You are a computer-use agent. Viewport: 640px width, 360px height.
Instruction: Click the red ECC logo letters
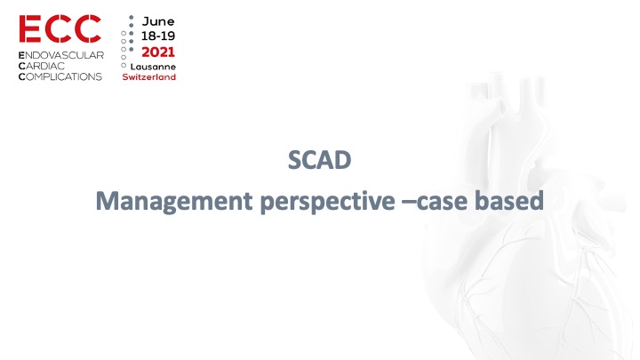point(60,28)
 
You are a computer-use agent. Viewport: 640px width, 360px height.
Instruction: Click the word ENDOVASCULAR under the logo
point(61,55)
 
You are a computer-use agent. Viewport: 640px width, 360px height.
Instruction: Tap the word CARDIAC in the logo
point(42,66)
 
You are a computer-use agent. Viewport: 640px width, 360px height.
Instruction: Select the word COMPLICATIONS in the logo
point(60,76)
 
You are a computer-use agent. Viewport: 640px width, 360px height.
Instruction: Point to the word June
point(158,21)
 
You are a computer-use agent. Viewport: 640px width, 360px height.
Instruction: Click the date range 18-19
point(158,36)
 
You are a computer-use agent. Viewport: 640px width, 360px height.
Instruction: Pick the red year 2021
point(158,52)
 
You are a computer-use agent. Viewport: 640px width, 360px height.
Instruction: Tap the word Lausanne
point(153,67)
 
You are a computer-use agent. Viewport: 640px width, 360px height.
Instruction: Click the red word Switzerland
point(149,76)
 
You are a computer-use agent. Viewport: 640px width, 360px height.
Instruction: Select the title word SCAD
point(320,160)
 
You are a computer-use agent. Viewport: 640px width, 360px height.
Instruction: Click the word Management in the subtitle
point(174,201)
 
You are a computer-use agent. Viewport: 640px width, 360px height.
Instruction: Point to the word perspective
point(328,202)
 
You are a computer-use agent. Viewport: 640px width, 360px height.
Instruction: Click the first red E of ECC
point(30,28)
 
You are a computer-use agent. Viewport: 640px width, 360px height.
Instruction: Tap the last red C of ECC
point(88,28)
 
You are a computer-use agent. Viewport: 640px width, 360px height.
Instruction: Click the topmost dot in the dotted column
point(131,18)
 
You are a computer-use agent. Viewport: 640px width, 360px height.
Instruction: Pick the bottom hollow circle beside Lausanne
point(124,65)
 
